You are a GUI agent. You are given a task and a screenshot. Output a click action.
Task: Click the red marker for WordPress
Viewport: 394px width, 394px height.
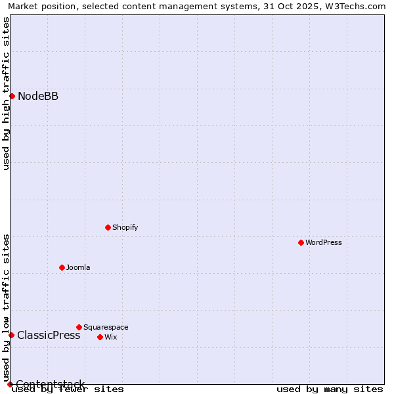tap(301, 242)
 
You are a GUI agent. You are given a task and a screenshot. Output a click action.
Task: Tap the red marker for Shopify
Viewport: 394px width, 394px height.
tap(108, 227)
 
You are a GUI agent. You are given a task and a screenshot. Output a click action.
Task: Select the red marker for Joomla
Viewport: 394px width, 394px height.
tap(62, 267)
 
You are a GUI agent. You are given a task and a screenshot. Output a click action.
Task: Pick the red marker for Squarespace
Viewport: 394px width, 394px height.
tap(79, 327)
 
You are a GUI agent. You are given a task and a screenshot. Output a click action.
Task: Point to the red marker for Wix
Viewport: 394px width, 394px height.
tap(100, 337)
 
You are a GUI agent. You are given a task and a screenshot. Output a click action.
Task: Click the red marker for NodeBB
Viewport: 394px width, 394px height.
tap(12, 97)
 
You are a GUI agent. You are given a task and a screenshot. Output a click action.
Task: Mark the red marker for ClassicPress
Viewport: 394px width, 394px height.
tap(11, 335)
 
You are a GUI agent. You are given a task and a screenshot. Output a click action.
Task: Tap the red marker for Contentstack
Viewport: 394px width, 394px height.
tap(10, 384)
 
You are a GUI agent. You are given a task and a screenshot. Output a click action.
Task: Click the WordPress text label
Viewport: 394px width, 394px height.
tap(324, 242)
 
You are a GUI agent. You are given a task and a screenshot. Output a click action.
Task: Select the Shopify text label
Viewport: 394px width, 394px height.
tap(125, 227)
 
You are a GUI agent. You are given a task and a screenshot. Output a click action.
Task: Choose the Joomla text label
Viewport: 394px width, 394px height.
tap(78, 267)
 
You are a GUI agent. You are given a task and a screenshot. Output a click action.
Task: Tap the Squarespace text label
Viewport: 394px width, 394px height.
tap(106, 327)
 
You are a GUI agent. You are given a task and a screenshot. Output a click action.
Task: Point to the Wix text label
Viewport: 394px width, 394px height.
tap(111, 337)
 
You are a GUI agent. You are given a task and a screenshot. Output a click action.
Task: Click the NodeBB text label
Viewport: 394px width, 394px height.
tap(38, 97)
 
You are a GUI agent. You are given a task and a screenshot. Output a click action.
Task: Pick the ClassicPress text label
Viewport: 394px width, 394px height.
tap(49, 335)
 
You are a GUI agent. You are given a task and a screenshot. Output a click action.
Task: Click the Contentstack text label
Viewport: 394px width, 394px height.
tap(50, 384)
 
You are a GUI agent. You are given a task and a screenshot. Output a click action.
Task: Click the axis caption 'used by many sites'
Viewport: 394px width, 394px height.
tap(330, 389)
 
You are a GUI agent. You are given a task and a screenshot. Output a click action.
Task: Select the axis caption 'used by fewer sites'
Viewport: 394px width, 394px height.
tap(68, 389)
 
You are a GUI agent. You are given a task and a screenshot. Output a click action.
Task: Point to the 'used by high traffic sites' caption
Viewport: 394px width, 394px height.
tap(6, 93)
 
